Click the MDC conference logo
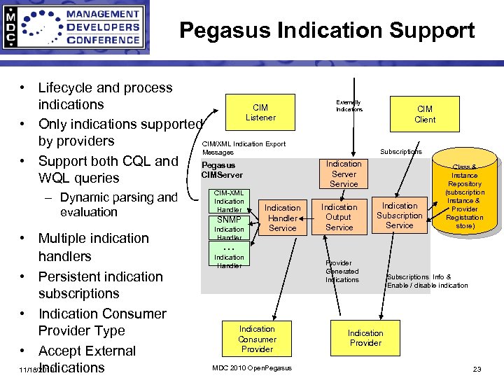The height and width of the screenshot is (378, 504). (75, 27)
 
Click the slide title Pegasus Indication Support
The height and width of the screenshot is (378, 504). (327, 30)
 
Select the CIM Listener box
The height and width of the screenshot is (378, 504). (260, 113)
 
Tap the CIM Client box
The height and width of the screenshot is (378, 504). (425, 114)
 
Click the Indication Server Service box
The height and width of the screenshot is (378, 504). (344, 174)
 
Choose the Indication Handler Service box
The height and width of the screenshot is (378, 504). (282, 218)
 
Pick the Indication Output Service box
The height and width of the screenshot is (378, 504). (339, 217)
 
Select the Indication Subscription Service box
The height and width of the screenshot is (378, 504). (400, 216)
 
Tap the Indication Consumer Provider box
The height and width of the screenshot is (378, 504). (257, 339)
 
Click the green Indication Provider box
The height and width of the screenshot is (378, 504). (365, 338)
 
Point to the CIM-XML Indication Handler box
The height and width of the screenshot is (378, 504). (229, 201)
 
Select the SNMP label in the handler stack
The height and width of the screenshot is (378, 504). (229, 220)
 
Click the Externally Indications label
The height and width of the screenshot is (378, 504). (349, 106)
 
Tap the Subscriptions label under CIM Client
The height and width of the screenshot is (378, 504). (400, 151)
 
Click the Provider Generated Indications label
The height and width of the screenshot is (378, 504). (342, 272)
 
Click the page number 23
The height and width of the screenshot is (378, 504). (477, 369)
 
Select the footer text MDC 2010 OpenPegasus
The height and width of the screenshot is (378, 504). (251, 368)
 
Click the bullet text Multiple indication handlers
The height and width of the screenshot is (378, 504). (93, 247)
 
